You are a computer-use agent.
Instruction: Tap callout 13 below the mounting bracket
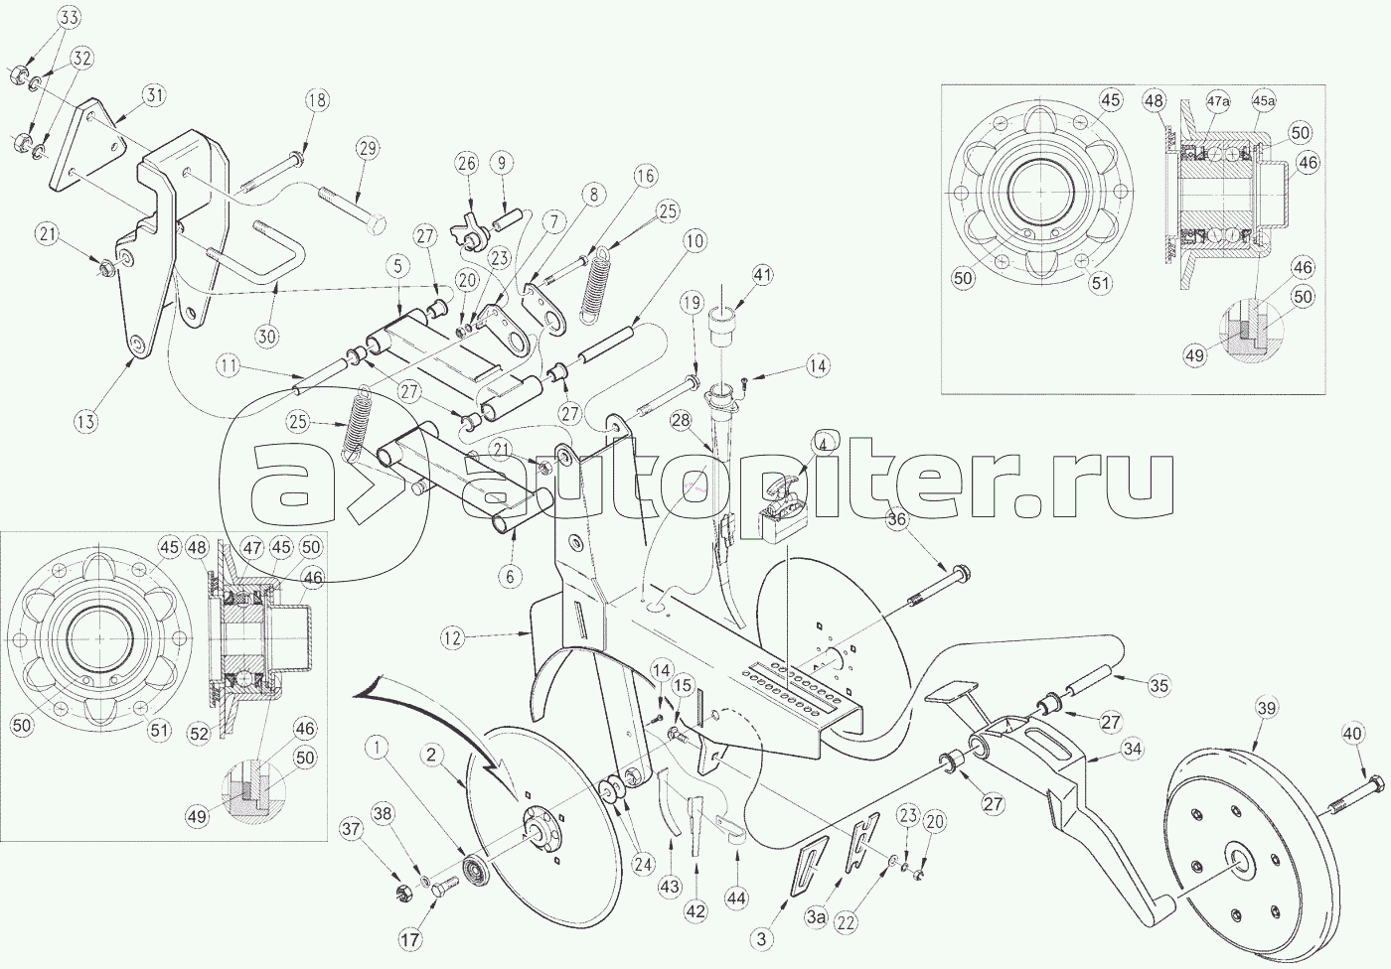pyautogui.click(x=86, y=421)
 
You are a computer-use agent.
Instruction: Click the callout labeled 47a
pyautogui.click(x=1218, y=101)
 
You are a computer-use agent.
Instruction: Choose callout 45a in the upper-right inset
pyautogui.click(x=1263, y=101)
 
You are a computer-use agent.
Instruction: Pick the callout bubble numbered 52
pyautogui.click(x=201, y=735)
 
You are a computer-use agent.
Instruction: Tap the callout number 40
pyautogui.click(x=1353, y=735)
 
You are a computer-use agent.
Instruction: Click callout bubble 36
pyautogui.click(x=896, y=520)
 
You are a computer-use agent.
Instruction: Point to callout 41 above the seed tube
pyautogui.click(x=762, y=274)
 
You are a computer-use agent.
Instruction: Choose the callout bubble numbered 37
pyautogui.click(x=350, y=827)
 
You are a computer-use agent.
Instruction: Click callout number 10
pyautogui.click(x=693, y=240)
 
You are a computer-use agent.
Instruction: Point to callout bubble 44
pyautogui.click(x=736, y=898)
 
